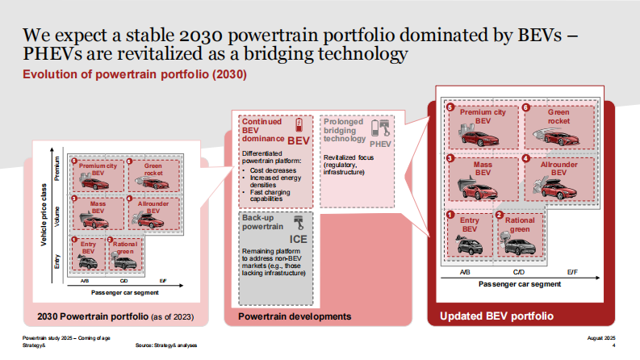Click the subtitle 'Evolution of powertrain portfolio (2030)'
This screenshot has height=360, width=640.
[134, 75]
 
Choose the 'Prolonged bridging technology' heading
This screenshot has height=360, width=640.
[345, 130]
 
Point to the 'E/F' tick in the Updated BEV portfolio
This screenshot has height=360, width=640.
[572, 273]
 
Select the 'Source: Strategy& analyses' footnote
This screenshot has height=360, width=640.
[166, 345]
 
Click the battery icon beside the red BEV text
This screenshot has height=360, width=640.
[299, 125]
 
